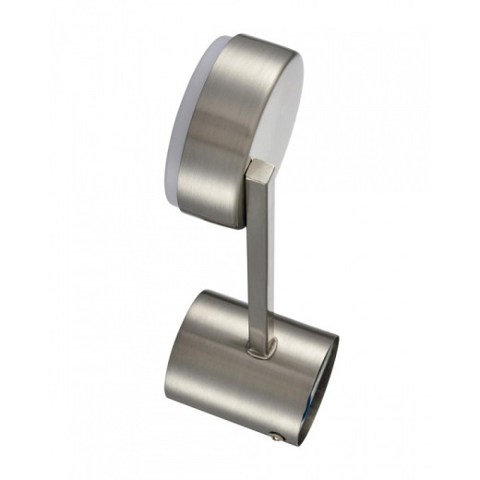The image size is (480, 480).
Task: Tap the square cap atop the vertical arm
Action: pos(260,171)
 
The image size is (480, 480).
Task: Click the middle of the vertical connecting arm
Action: pos(260,258)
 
